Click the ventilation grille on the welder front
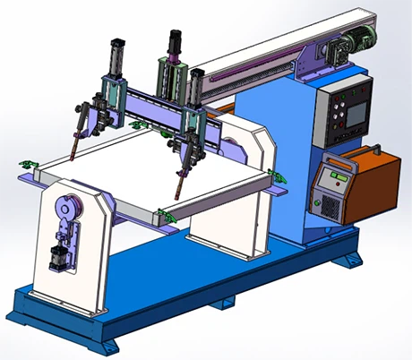click(x=330, y=209)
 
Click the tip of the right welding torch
click(x=176, y=198)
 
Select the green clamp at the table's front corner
click(x=161, y=214)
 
